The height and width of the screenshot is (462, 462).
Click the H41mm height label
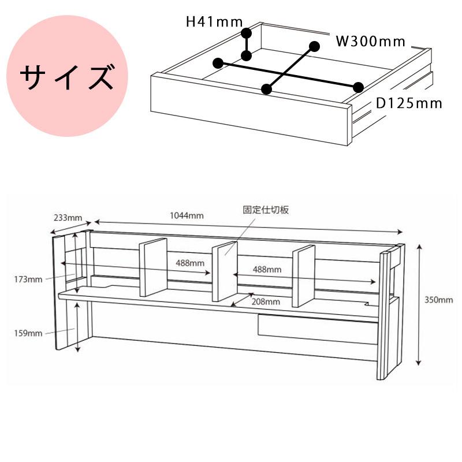214,22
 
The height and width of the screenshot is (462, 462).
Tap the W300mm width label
371,41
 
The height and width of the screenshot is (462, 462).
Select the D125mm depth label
409,103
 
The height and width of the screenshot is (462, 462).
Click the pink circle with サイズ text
67,76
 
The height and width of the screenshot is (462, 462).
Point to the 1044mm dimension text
187,215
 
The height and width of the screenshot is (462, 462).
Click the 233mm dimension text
68,218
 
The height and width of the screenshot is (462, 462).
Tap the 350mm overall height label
438,300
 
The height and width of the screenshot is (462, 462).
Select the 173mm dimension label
28,279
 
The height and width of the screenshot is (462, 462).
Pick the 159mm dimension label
28,333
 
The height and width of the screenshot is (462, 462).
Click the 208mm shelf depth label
266,301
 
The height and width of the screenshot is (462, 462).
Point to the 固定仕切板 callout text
266,210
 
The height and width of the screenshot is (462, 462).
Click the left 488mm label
190,263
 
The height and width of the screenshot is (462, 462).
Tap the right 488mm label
267,269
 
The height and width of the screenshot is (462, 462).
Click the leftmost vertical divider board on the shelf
153,267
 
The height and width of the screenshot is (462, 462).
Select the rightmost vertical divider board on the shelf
304,276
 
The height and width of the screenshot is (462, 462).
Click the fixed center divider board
225,271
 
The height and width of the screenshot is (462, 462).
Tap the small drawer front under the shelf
318,329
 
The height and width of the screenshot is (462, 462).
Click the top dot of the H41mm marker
247,33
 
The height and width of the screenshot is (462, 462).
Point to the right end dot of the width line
358,87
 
